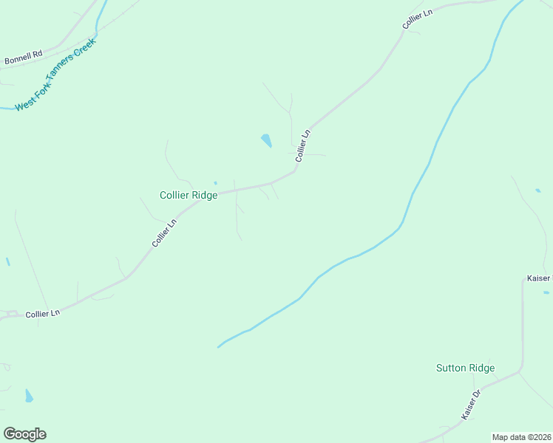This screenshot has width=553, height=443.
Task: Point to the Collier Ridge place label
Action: point(189,195)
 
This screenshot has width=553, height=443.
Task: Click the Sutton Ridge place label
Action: point(465,368)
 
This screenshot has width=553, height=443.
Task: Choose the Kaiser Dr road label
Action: point(471,405)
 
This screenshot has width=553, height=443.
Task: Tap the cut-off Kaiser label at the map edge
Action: point(539,278)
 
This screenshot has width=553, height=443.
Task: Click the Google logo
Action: point(24,434)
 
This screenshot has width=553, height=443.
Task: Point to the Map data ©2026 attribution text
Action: point(522,437)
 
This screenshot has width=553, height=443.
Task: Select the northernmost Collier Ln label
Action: point(417,20)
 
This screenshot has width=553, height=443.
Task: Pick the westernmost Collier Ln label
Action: point(42,314)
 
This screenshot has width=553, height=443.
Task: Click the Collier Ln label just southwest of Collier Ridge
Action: point(164,233)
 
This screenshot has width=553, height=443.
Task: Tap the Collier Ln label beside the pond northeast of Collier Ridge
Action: point(303,146)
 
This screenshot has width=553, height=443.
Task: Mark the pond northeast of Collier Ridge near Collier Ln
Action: point(266,140)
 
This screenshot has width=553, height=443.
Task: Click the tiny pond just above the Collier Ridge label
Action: point(215,183)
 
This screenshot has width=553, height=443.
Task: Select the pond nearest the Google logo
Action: point(29,396)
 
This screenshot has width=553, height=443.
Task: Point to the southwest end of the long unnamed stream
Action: point(218,346)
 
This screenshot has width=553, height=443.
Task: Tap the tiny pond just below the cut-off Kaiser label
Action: point(546,293)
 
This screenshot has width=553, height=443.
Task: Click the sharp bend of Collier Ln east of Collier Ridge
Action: point(296,170)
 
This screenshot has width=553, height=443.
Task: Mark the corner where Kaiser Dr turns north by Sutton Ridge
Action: point(521,368)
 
